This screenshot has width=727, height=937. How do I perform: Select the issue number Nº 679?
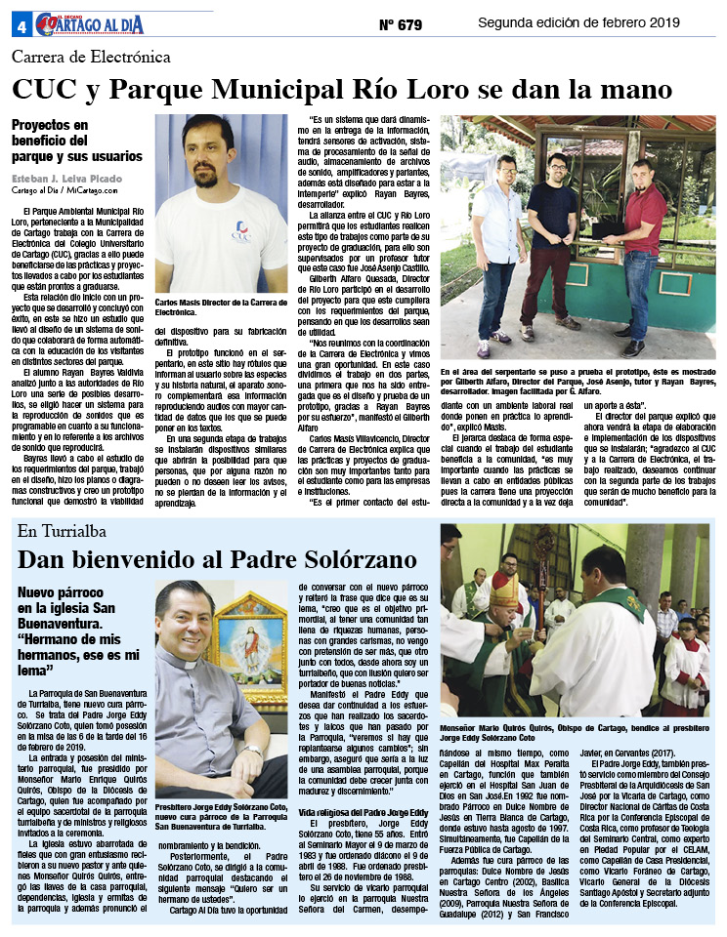coord(400,22)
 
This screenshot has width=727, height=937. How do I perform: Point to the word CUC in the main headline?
coord(50,90)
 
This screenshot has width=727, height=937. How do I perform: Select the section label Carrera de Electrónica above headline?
coord(92,58)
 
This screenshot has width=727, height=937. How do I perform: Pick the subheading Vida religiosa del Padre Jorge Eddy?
coord(363,812)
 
